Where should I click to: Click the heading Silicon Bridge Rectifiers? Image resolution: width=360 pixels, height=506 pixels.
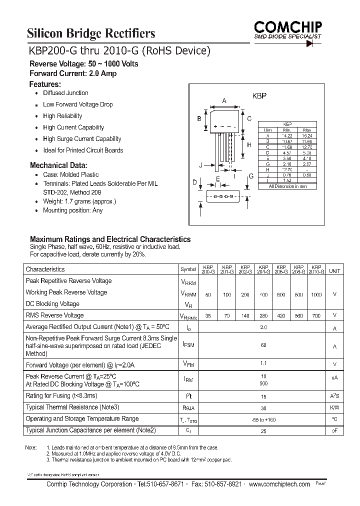(90, 33)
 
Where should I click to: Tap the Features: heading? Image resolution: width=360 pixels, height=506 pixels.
(45, 84)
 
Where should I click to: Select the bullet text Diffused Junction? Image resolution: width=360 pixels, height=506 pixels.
(65, 93)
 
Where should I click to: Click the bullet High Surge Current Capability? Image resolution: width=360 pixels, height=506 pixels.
(82, 139)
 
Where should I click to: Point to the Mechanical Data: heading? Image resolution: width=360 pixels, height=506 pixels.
(58, 165)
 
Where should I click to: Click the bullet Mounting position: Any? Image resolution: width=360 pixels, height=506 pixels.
(72, 210)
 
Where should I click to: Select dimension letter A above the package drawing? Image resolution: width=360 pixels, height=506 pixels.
(224, 100)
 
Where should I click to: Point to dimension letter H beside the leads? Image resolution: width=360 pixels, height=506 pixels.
(249, 145)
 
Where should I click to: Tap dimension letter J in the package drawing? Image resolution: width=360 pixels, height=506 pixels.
(200, 164)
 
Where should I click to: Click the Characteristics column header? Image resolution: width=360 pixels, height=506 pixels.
(45, 269)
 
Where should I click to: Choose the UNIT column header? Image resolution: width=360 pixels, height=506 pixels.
(334, 270)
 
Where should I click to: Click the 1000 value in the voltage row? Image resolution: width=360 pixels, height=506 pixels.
(316, 295)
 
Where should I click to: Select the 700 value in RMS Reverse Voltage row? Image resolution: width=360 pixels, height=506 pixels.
(316, 316)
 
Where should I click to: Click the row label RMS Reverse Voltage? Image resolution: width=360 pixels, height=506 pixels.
(54, 315)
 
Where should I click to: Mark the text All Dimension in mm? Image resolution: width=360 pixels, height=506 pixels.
(287, 186)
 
